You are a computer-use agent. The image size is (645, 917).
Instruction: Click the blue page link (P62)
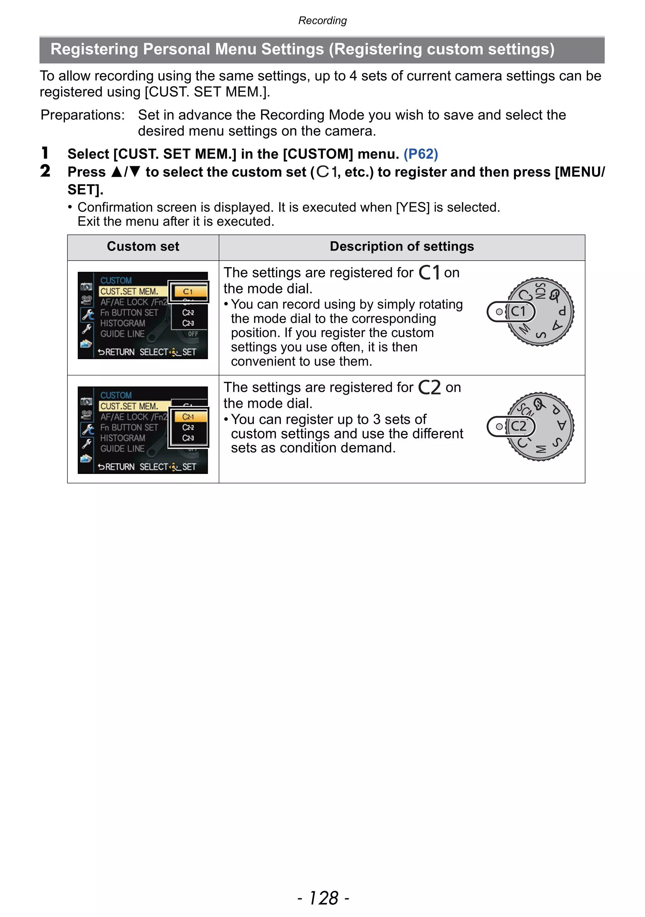[x=420, y=154]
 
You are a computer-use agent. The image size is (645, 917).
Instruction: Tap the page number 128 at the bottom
[x=323, y=898]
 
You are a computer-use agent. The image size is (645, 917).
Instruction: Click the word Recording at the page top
[x=322, y=20]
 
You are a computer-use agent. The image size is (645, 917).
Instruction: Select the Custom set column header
[x=143, y=246]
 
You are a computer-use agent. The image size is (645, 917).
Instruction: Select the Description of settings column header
[x=402, y=246]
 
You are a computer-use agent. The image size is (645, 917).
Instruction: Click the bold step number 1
[x=45, y=153]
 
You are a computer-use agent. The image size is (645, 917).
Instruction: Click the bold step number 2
[x=45, y=171]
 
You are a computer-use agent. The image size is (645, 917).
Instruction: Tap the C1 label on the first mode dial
[x=518, y=311]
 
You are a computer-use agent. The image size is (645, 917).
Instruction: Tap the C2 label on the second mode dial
[x=518, y=426]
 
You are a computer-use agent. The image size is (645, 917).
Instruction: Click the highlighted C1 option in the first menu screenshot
[x=188, y=291]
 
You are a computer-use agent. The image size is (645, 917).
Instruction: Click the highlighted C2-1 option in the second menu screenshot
[x=188, y=417]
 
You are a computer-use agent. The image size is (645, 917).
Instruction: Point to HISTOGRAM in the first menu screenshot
[x=123, y=323]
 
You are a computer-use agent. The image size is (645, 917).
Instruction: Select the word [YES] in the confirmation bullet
[x=413, y=207]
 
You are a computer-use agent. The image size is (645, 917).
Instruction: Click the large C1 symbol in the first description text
[x=429, y=273]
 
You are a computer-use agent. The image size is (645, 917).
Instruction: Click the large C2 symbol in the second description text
[x=430, y=387]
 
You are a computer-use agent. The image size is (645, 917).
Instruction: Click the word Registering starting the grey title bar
[x=94, y=49]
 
